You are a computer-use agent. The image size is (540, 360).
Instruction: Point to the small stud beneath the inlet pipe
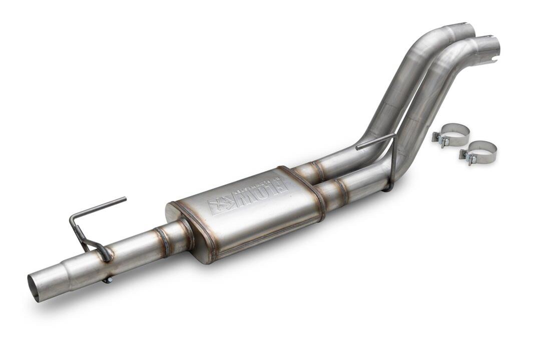point(107,280)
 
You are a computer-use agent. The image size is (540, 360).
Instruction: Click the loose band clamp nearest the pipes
point(452,133)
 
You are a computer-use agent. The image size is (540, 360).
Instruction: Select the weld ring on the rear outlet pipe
point(316,170)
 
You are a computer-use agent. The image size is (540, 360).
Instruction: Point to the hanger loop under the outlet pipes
point(388,187)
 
